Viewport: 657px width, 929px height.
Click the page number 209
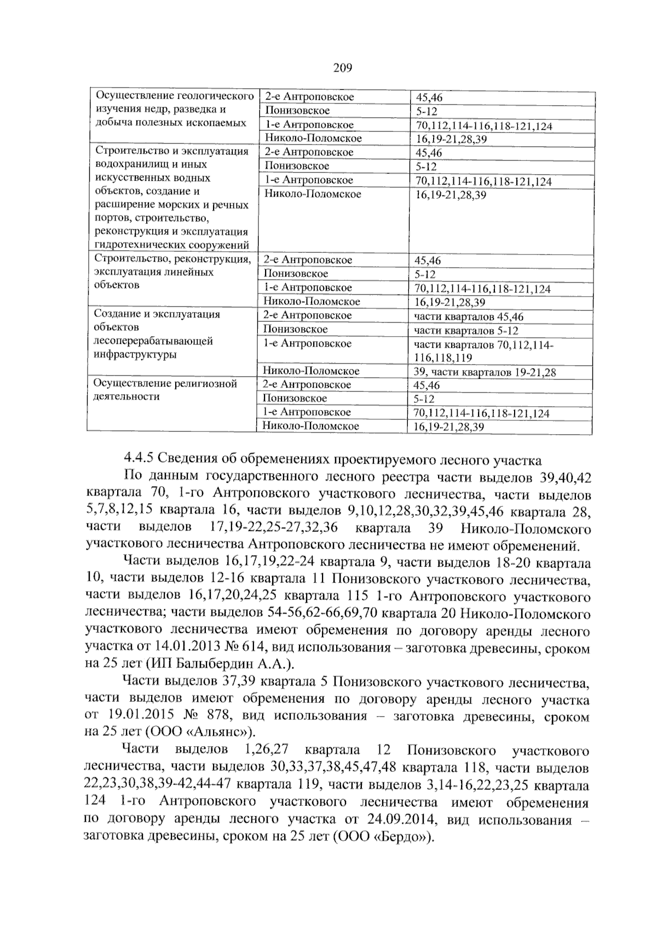click(x=342, y=68)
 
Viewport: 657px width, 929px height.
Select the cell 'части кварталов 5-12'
click(x=466, y=331)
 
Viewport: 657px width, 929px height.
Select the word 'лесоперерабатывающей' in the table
click(x=153, y=341)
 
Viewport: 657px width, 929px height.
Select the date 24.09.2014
click(x=402, y=820)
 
